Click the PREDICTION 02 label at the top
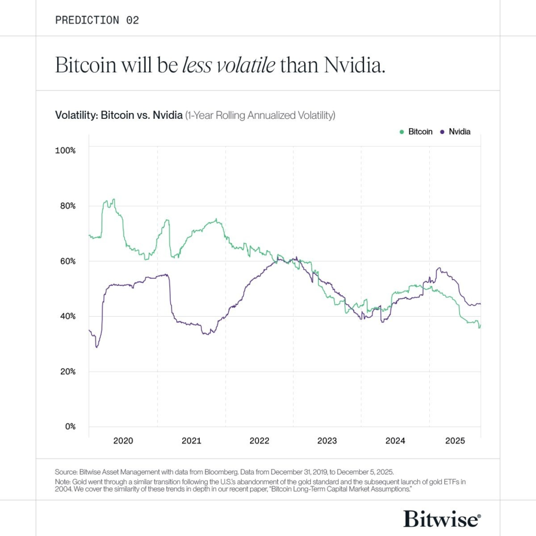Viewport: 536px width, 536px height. click(x=97, y=20)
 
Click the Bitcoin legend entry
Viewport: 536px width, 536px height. click(x=420, y=132)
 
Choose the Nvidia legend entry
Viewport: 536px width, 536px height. click(x=459, y=132)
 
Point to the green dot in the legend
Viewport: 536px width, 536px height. click(x=401, y=132)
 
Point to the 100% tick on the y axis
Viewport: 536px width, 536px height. click(x=65, y=150)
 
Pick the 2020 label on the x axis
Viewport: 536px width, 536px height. click(x=123, y=441)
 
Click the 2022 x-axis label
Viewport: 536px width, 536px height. click(x=259, y=441)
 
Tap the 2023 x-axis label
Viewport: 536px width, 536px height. click(x=327, y=441)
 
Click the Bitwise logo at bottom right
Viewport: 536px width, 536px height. click(x=441, y=518)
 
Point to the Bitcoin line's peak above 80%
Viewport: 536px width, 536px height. click(x=114, y=199)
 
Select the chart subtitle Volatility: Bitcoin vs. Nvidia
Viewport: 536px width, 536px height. click(x=119, y=115)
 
